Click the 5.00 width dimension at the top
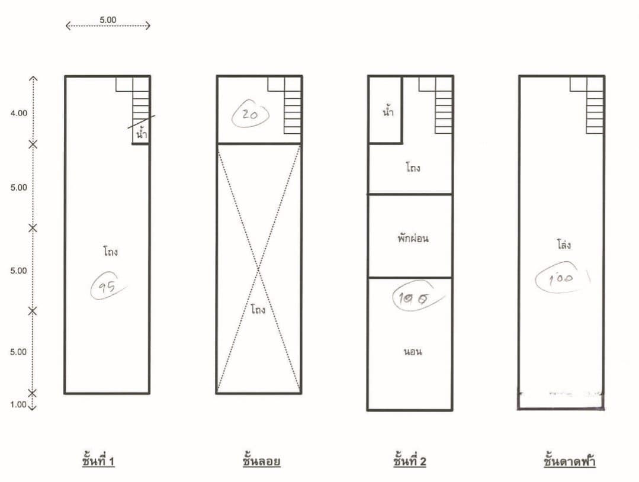click(x=108, y=20)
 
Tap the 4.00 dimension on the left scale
click(x=19, y=113)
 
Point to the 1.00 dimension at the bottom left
click(x=18, y=404)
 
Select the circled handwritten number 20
click(x=251, y=115)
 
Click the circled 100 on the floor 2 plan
click(x=415, y=297)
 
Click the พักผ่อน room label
click(x=413, y=237)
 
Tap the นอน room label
click(x=413, y=351)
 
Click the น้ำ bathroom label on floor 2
click(x=388, y=111)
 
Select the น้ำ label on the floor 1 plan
click(x=142, y=133)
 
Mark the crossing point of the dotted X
click(x=258, y=269)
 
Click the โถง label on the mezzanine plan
click(x=258, y=309)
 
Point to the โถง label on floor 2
click(x=413, y=167)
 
